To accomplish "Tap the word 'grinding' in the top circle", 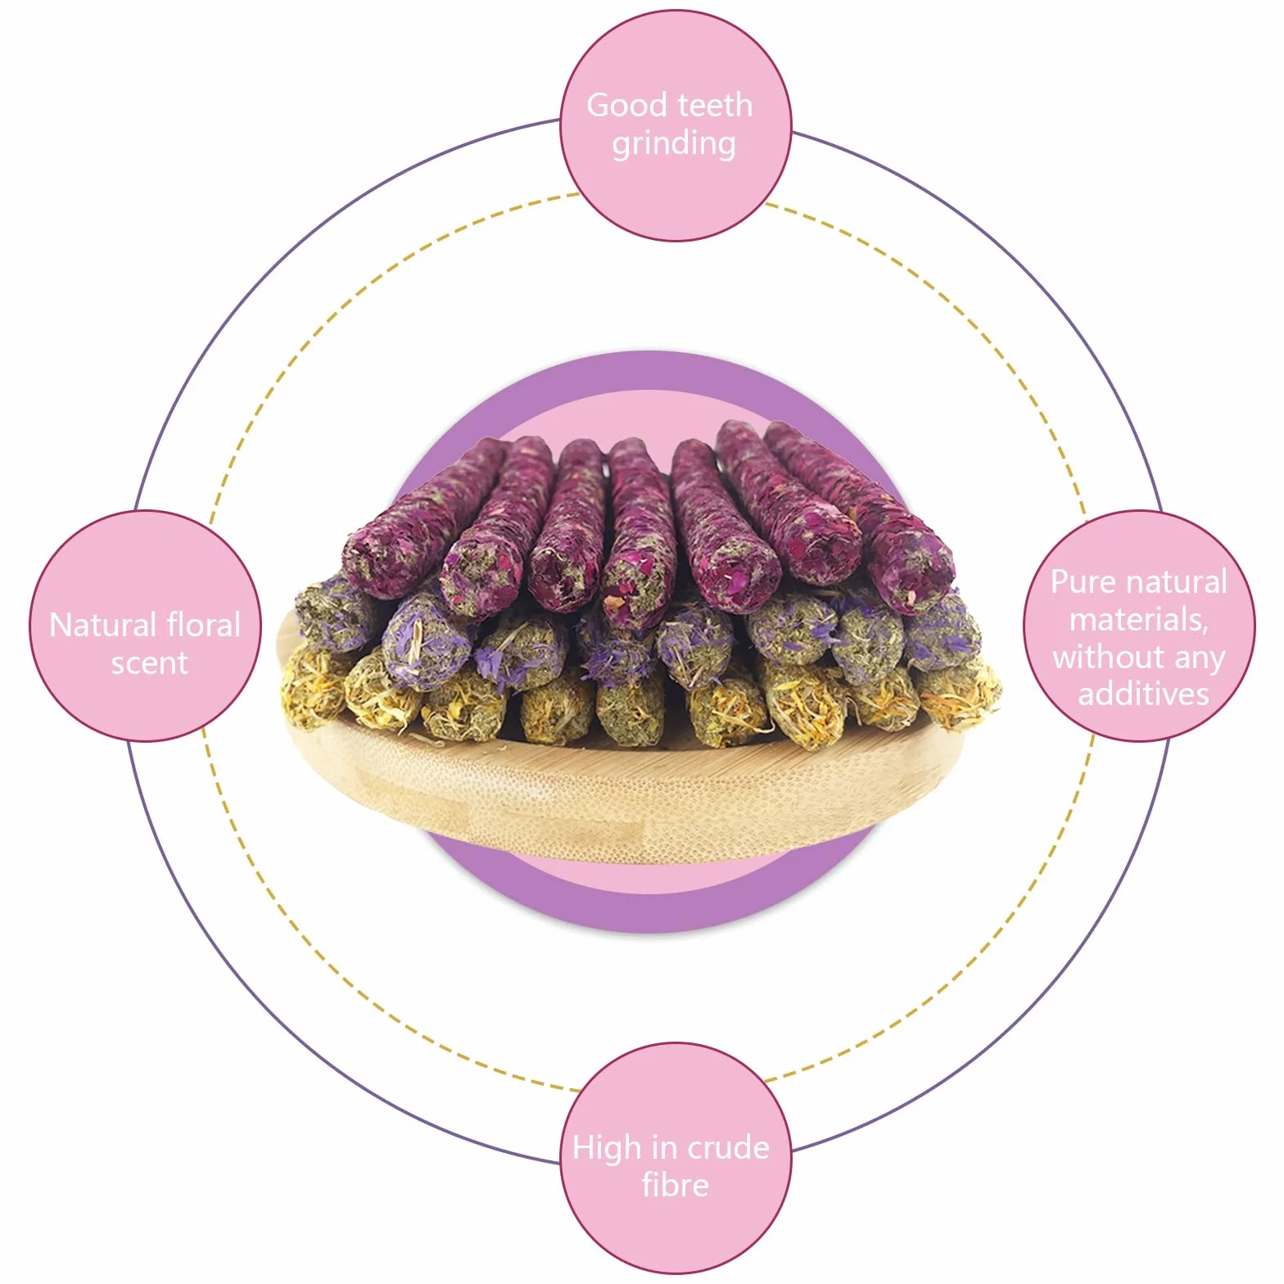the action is point(674,144).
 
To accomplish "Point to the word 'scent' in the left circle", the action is point(149,662).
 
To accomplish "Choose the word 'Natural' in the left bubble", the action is point(103,626).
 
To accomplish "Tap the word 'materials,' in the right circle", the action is point(1139,620).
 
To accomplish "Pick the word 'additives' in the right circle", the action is point(1143,694).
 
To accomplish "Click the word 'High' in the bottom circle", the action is point(607,1148).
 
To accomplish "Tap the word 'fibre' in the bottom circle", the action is point(675,1185).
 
